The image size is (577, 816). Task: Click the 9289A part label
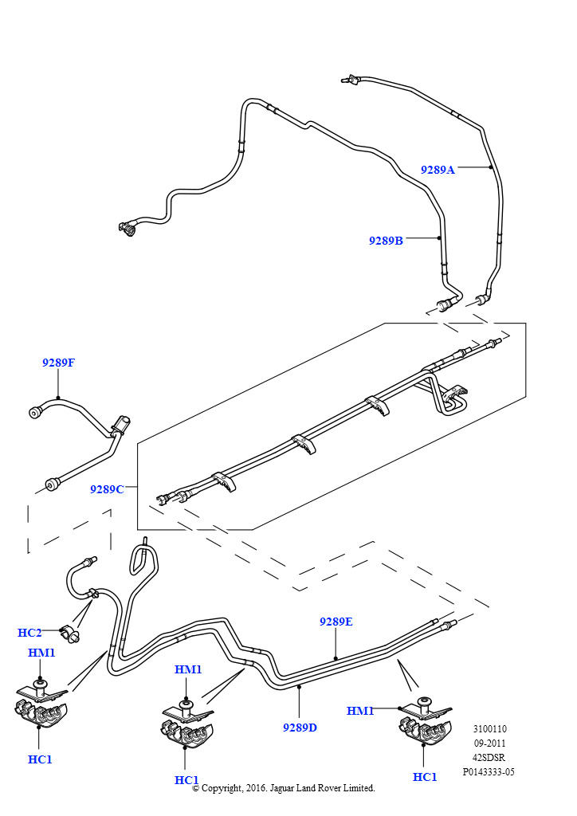coord(438,169)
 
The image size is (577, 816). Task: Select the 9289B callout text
coord(386,241)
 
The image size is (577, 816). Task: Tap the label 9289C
coord(107,489)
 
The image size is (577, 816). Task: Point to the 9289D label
coord(300,728)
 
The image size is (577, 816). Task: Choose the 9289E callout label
coord(336,622)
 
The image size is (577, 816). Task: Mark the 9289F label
coord(58,363)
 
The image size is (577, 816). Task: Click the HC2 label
coord(29,633)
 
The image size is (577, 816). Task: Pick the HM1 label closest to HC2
coord(41,653)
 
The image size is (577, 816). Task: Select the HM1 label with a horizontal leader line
coord(360,711)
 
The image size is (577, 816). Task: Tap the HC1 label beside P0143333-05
coord(425,777)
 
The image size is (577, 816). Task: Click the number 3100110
coord(489,729)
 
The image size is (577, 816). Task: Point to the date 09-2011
coord(489,743)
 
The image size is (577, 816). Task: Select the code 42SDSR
coord(489,758)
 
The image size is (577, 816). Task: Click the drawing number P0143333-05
coord(489,772)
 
